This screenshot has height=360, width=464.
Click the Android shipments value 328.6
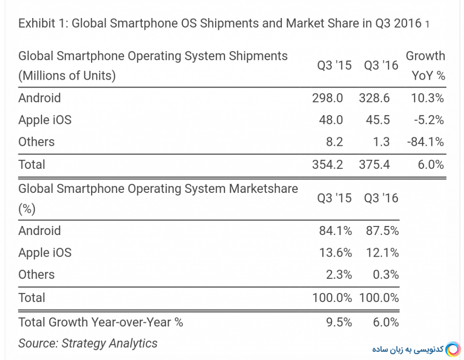coord(374,98)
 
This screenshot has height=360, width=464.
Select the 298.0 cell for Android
coord(327,98)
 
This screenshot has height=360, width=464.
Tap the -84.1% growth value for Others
coord(425,142)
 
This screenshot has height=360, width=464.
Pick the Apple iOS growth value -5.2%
coord(428,120)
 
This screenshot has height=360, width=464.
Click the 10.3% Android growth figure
coord(427,98)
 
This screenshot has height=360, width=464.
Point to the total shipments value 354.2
coord(327,164)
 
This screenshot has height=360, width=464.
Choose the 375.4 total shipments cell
coord(374,164)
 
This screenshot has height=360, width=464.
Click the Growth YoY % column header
coord(425,66)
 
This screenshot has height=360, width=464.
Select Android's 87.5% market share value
coord(382,231)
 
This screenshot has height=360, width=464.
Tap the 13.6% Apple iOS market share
coord(335,253)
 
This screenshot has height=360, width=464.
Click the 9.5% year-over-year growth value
coord(339,322)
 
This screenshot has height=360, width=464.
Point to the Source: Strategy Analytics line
coord(87,343)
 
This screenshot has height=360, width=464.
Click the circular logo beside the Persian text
coord(453,350)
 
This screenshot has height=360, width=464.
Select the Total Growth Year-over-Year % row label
coord(101,322)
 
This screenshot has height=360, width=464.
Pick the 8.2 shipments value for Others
coord(335,142)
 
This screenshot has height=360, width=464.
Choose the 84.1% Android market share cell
coord(335,231)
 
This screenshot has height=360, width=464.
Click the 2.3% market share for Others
coord(339,275)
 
